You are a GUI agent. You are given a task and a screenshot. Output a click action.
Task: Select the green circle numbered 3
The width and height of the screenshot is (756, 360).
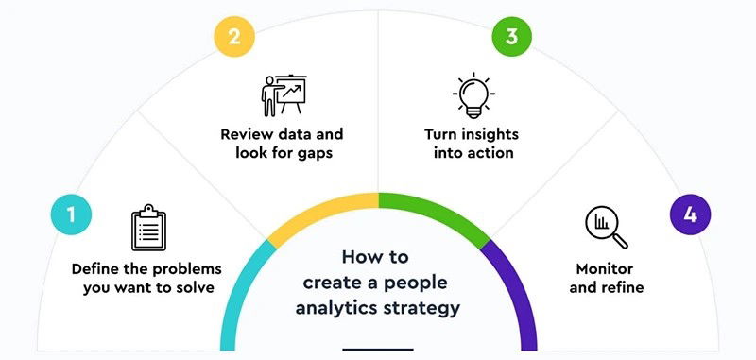pos(511,38)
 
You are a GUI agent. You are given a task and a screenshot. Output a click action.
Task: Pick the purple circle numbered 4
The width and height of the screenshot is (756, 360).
pos(690,215)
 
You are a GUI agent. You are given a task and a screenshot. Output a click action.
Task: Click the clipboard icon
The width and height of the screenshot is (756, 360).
pos(148,228)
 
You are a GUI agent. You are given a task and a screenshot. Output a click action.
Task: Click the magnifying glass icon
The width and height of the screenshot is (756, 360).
pos(606,227)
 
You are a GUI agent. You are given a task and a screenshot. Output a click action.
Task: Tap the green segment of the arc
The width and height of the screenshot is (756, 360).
pos(435,208)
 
